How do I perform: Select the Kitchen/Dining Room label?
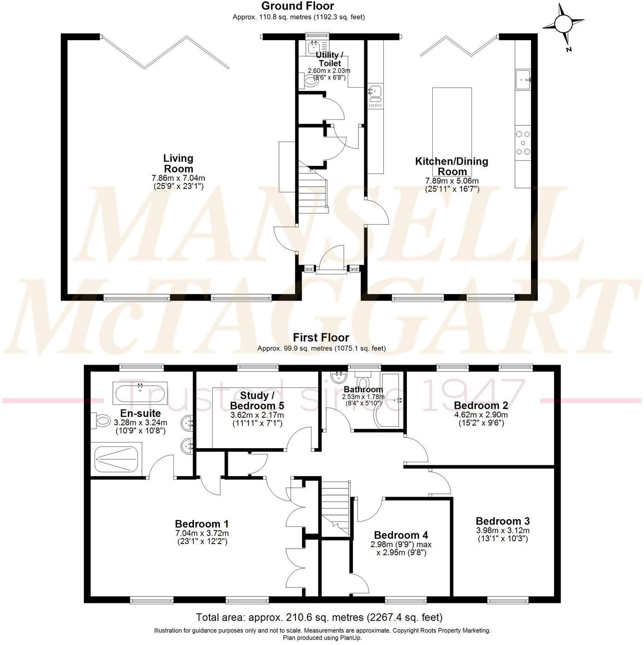[x=452, y=166]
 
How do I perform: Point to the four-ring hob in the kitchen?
[x=523, y=142]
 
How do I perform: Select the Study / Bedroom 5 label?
[x=257, y=401]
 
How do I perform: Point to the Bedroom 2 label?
[x=481, y=405]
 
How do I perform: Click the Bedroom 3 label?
[x=502, y=521]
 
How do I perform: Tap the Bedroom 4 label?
[x=401, y=535]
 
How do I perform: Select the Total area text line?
[x=319, y=617]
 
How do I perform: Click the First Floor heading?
[x=321, y=337]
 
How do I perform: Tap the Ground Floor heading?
[x=298, y=6]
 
